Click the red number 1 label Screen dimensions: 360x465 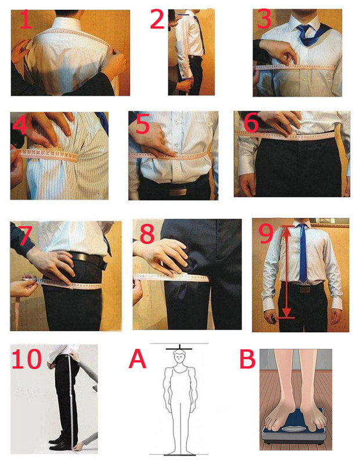point(26,20)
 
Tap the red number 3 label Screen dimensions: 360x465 point(264,19)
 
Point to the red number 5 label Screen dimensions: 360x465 point(142,125)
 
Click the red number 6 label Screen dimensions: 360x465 point(251,123)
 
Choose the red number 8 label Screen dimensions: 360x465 point(147,234)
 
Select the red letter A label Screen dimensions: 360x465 point(138,359)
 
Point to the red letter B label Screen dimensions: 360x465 point(247,359)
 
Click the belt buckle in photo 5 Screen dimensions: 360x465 point(178,191)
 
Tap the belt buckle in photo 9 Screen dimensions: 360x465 point(305,289)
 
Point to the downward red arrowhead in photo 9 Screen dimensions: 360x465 point(286,312)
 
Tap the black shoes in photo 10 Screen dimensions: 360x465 point(61,443)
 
